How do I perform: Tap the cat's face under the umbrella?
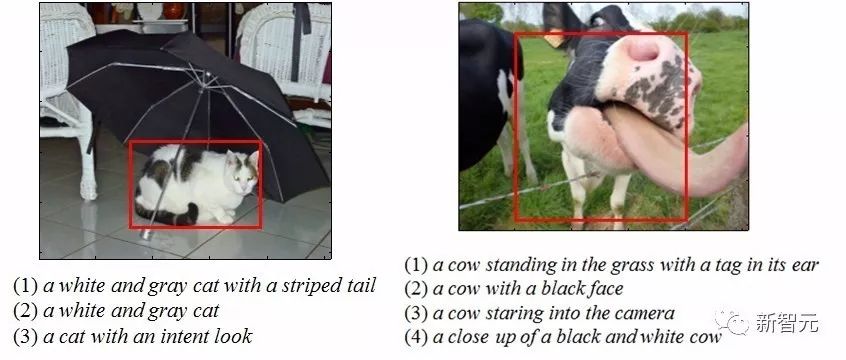point(243,172)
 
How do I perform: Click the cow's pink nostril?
point(643,50)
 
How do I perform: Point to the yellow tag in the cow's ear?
point(553,38)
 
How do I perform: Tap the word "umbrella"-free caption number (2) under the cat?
point(24,311)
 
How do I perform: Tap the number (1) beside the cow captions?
point(416,265)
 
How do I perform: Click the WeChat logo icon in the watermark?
point(732,323)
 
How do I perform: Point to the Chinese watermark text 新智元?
point(786,323)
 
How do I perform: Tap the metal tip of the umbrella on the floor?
point(146,233)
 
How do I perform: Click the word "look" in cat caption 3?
point(233,336)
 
